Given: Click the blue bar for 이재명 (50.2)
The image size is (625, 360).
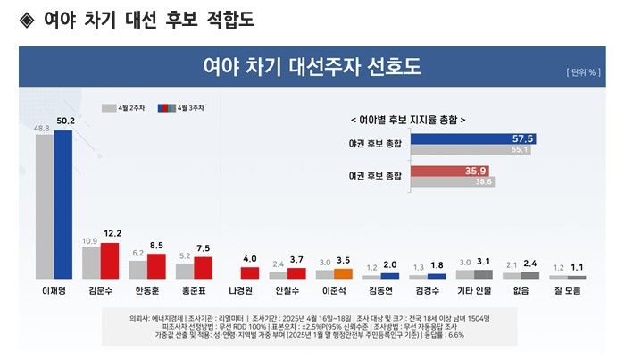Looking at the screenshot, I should click(62, 205).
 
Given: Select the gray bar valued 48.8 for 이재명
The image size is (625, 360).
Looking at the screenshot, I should click(44, 207).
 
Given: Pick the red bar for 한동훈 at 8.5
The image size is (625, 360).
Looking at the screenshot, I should click(156, 266).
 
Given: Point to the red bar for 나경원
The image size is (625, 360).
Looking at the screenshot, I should click(250, 273).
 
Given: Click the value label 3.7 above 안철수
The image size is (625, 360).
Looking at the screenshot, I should click(297, 259).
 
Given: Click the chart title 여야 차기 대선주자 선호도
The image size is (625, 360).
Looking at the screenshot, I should click(312, 68).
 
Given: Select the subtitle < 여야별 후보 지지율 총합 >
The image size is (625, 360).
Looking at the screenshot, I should click(408, 119).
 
